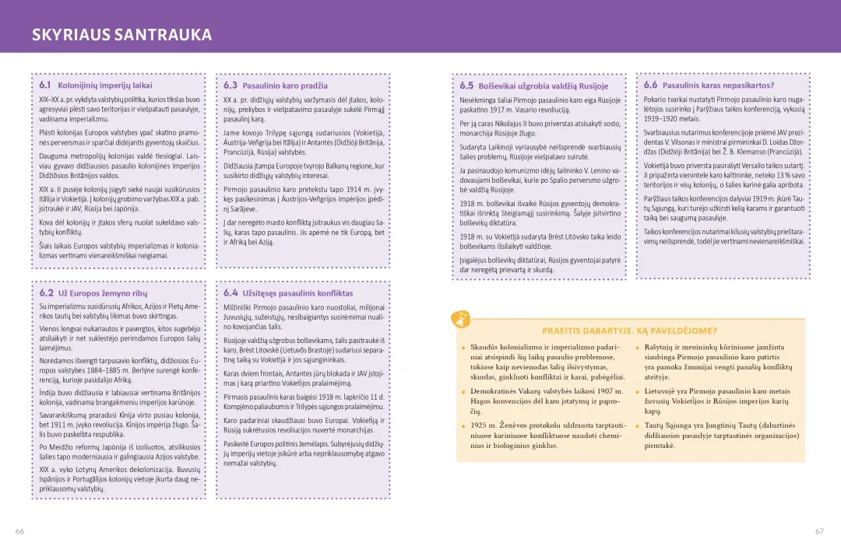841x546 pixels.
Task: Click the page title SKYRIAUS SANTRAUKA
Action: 121,35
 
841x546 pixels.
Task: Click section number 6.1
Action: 45,85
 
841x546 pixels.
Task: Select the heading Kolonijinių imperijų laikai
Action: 105,86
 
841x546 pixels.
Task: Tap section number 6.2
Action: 46,293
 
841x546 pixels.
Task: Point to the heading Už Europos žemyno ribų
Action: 108,294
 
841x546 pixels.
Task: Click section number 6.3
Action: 230,85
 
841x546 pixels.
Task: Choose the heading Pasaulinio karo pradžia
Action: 285,86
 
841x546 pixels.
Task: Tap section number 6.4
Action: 230,293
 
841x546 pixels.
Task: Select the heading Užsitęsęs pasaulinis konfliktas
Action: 297,294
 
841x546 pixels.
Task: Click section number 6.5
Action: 466,86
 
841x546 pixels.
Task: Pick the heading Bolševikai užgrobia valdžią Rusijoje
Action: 543,86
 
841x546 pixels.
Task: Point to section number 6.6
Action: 650,85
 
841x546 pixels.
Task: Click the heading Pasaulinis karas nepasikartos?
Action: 718,86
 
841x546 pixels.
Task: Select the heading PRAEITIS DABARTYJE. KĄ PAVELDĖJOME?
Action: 629,331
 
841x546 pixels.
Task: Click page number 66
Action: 19,531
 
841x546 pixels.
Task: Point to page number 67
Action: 819,531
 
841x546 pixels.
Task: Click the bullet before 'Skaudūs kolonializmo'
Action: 463,348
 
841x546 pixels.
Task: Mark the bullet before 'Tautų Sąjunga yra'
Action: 638,426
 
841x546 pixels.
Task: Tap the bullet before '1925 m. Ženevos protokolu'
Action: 463,426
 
